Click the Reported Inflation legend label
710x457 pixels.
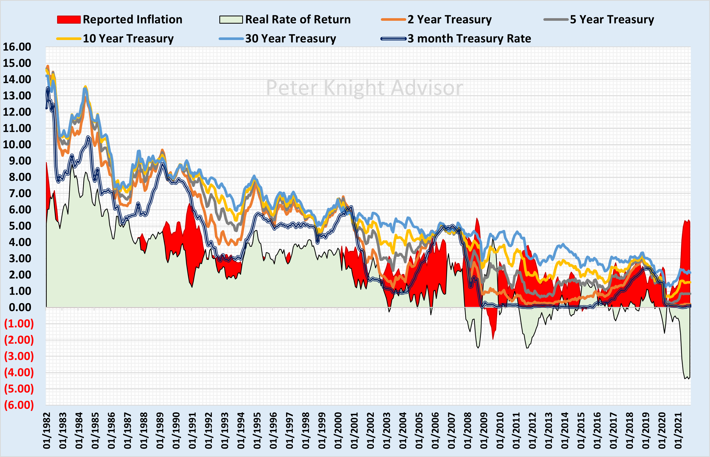tap(132, 19)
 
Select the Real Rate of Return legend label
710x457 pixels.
tap(297, 19)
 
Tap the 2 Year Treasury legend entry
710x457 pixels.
tap(449, 19)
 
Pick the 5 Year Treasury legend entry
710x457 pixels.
tap(612, 19)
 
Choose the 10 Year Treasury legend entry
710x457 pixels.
tap(128, 39)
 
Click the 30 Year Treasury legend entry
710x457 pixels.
tap(290, 39)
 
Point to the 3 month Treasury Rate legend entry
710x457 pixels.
tap(469, 39)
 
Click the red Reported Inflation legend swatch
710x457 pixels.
tap(69, 19)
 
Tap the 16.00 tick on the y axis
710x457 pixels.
tap(17, 47)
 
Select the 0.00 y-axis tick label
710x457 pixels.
tap(20, 307)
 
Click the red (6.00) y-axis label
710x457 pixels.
tap(19, 405)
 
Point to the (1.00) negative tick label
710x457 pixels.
tap(19, 324)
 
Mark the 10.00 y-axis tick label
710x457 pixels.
tap(17, 145)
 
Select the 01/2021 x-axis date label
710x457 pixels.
tap(678, 431)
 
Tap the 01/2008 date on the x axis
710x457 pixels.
tap(468, 431)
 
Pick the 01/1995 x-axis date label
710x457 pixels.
tap(257, 431)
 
